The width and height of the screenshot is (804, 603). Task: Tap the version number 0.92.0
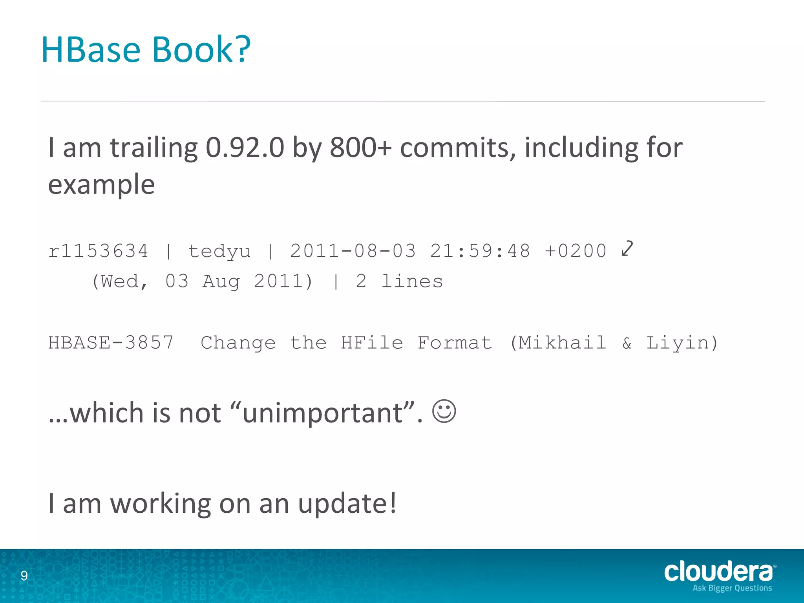coord(245,148)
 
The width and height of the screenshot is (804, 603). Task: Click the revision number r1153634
coord(98,251)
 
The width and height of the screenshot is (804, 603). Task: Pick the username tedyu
coord(219,252)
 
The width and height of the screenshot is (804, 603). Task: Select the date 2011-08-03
coord(353,251)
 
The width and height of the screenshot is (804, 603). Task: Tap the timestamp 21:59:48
coord(480,251)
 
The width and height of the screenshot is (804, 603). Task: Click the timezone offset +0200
coord(576,251)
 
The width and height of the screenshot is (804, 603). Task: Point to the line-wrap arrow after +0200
coord(627,249)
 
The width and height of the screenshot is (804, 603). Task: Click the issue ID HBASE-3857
coord(111,343)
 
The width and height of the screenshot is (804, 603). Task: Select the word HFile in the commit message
coord(372,343)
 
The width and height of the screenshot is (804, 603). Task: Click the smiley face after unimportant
coord(444,411)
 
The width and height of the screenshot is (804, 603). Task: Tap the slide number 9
coord(24,576)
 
